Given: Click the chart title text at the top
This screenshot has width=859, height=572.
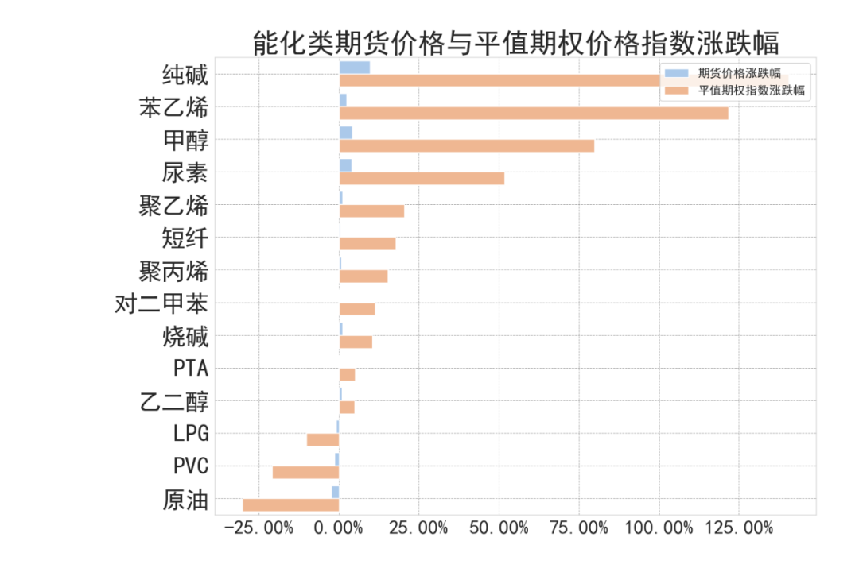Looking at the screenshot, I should [x=515, y=42].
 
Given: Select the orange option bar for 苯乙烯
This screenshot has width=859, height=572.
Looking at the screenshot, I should [x=533, y=114].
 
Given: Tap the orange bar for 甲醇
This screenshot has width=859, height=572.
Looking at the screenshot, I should [x=466, y=146].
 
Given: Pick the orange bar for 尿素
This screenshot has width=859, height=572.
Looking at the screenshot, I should [x=422, y=179].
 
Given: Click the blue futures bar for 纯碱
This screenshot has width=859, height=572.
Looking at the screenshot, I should [x=354, y=68].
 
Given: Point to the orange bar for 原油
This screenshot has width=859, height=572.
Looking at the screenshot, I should [x=291, y=504].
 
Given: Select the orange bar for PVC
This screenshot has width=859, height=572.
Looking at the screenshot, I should [x=305, y=472].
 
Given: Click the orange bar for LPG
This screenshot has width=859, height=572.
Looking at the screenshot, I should [x=323, y=439].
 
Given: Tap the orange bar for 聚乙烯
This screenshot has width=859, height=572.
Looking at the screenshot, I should [x=371, y=211].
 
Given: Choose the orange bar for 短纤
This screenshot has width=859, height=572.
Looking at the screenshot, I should [x=367, y=244].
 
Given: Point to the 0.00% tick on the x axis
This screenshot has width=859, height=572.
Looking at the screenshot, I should [x=340, y=528].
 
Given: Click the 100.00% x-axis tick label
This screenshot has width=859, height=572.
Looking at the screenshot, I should [x=658, y=528].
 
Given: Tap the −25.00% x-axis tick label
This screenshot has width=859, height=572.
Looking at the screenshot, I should [x=259, y=528].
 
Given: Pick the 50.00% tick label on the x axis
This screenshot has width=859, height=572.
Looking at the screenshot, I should [x=499, y=528].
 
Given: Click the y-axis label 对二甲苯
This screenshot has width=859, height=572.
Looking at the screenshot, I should [x=161, y=304].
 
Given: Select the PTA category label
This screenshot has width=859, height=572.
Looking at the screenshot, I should [x=191, y=369].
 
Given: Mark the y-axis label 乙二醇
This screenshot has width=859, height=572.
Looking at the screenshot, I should [x=174, y=402].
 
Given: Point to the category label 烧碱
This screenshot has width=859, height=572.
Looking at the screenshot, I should [x=185, y=337].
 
